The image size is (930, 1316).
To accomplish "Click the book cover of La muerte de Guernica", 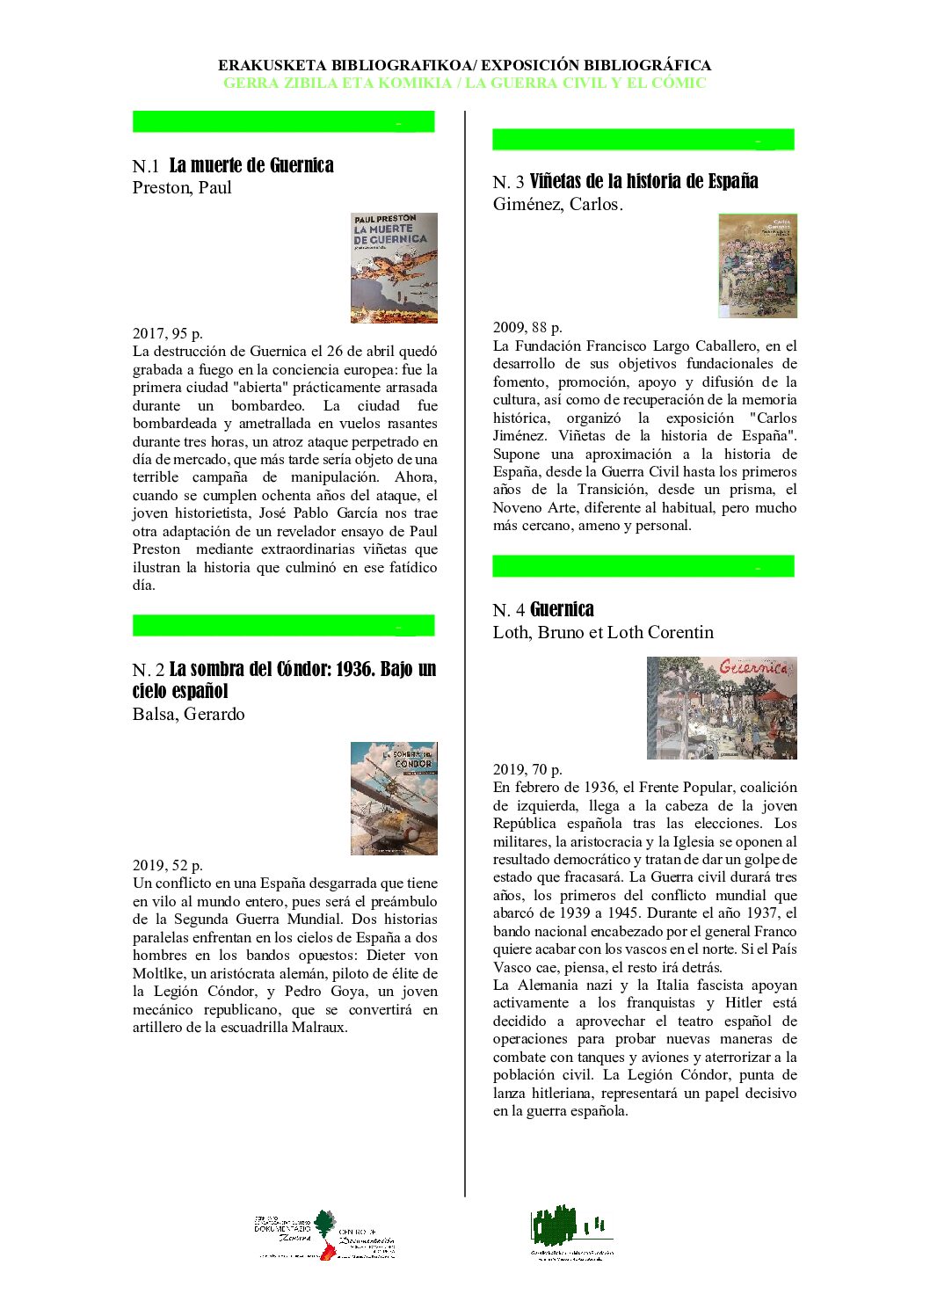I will click(394, 267).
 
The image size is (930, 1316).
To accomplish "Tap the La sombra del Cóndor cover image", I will click(394, 797).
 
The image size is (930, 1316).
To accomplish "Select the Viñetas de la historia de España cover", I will click(757, 265).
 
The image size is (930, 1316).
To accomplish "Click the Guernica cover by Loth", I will click(722, 707).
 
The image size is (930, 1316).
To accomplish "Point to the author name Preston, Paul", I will click(182, 187).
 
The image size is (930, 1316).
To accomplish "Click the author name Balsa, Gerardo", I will click(188, 714).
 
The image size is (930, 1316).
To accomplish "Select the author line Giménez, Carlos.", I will click(557, 204).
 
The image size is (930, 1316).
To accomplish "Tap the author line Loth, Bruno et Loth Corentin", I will click(603, 632).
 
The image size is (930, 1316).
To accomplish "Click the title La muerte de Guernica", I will click(251, 165).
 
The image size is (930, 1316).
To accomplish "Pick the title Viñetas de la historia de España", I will click(643, 181).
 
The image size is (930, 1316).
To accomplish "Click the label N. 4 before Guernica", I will click(509, 610).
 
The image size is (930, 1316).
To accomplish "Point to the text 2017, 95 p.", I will click(168, 333).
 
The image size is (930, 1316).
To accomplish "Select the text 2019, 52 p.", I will click(168, 865).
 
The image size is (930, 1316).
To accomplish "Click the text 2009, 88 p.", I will click(527, 328).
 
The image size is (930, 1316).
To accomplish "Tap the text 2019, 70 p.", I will click(527, 769).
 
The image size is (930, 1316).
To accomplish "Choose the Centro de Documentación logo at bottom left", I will click(326, 1235).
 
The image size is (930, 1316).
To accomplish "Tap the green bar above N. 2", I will click(283, 625).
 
